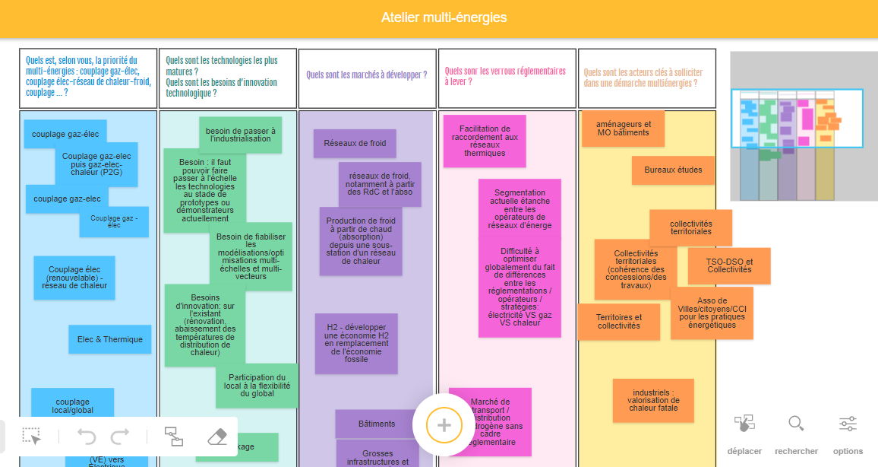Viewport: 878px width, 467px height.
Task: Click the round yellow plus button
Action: (444, 425)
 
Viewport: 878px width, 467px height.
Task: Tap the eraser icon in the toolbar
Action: (217, 437)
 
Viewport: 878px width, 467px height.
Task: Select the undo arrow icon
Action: (87, 437)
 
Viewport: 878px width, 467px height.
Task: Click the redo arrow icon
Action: (120, 437)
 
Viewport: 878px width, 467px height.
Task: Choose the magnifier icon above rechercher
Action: (796, 424)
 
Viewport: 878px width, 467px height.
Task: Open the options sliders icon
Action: (848, 424)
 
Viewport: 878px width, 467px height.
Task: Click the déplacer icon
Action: (744, 424)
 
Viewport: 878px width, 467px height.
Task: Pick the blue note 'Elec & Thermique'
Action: (110, 339)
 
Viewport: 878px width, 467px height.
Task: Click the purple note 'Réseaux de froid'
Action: (355, 143)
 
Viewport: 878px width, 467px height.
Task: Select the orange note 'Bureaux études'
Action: (673, 170)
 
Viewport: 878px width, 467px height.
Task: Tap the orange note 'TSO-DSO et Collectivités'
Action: (729, 265)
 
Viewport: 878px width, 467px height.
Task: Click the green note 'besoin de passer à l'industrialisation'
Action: (240, 134)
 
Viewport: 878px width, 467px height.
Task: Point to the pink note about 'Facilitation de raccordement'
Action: (485, 141)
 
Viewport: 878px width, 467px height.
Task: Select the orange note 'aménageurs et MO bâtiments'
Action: (623, 129)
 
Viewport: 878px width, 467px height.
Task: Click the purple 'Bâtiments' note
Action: (377, 424)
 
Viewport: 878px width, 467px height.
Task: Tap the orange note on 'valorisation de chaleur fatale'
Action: (653, 400)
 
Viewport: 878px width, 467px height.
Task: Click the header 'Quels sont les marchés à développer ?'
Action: (367, 75)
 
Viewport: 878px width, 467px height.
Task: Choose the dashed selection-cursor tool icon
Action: (31, 437)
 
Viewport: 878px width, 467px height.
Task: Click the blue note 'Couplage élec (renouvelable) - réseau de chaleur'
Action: (74, 278)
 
